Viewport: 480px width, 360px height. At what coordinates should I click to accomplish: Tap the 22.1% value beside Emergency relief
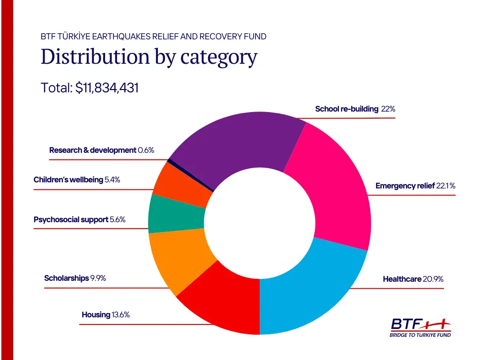[446, 186]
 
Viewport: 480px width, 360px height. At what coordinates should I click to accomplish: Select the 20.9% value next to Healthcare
[433, 279]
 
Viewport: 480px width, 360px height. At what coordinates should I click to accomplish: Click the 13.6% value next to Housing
[120, 315]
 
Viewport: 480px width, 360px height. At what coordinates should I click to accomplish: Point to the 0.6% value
[146, 150]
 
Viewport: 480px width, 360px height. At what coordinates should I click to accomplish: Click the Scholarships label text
[67, 278]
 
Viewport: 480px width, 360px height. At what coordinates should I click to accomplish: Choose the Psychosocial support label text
[71, 219]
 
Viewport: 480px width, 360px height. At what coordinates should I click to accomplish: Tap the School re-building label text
[346, 109]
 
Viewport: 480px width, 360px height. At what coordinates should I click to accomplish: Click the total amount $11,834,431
[107, 88]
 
